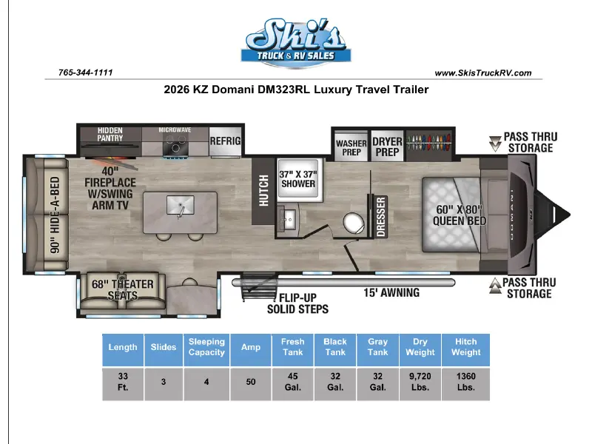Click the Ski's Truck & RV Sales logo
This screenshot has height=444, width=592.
click(296, 43)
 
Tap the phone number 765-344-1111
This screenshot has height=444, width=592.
click(86, 73)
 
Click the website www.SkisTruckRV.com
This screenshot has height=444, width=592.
click(483, 73)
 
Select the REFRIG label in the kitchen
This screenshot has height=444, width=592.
click(225, 141)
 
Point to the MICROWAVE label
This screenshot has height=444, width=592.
click(175, 130)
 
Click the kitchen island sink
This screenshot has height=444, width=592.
click(181, 206)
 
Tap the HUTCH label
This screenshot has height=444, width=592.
click(263, 191)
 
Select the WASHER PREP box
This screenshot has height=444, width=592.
click(351, 147)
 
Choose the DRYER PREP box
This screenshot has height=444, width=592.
click(387, 147)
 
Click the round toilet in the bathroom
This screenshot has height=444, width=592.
click(354, 223)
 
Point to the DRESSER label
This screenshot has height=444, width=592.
click(380, 217)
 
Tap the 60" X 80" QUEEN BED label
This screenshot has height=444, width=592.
click(459, 215)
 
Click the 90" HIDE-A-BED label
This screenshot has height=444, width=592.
click(55, 215)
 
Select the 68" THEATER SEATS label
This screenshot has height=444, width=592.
click(123, 289)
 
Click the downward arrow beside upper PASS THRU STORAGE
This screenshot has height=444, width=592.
click(495, 144)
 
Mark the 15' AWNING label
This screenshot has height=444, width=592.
click(391, 292)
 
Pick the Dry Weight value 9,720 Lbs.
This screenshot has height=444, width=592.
click(420, 382)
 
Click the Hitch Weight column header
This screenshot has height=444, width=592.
click(466, 347)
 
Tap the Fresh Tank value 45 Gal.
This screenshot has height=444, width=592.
click(292, 382)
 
